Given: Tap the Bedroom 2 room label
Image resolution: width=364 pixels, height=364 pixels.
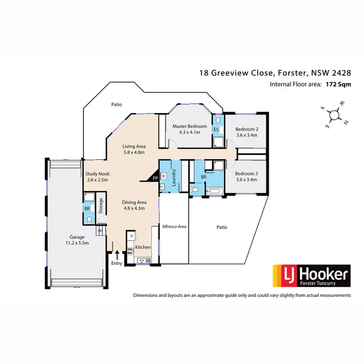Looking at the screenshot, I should [247, 129].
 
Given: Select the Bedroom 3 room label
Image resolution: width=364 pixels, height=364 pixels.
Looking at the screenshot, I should [247, 174].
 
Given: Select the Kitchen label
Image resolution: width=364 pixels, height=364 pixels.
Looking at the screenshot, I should [143, 248].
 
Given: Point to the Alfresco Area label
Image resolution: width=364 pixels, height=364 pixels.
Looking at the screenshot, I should [174, 226].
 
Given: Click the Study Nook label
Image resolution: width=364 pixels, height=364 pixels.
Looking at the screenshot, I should [98, 173].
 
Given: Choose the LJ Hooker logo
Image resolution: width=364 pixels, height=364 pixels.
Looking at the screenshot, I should [311, 275].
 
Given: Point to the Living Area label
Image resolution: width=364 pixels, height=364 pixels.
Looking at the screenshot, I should [134, 146].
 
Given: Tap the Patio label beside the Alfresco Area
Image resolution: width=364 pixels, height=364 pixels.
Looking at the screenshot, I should [222, 226].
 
